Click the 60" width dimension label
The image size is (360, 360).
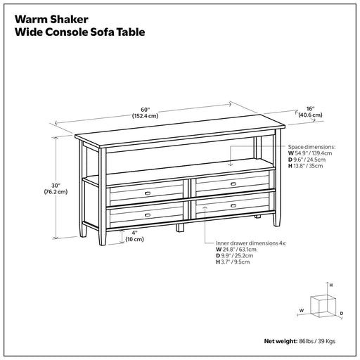click(145, 112)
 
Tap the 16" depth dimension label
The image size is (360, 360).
click(310, 112)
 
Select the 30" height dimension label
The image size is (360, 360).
click(56, 188)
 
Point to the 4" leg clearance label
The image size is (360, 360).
click(134, 236)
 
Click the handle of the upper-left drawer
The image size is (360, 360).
click(148, 193)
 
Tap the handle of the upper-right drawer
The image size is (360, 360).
click(233, 184)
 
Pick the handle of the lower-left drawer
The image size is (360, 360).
click(148, 215)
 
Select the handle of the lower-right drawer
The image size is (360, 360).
click(233, 206)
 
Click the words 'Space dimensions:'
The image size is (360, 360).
click(311, 147)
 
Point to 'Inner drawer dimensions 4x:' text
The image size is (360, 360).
click(251, 243)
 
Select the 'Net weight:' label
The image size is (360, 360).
click(281, 341)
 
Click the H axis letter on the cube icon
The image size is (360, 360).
click(331, 285)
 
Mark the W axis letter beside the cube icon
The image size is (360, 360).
click(302, 311)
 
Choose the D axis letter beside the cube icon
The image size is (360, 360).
click(342, 314)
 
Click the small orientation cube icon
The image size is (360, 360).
click(323, 307)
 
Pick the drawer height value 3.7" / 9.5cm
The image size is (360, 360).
click(236, 262)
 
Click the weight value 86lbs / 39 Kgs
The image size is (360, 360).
click(317, 341)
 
